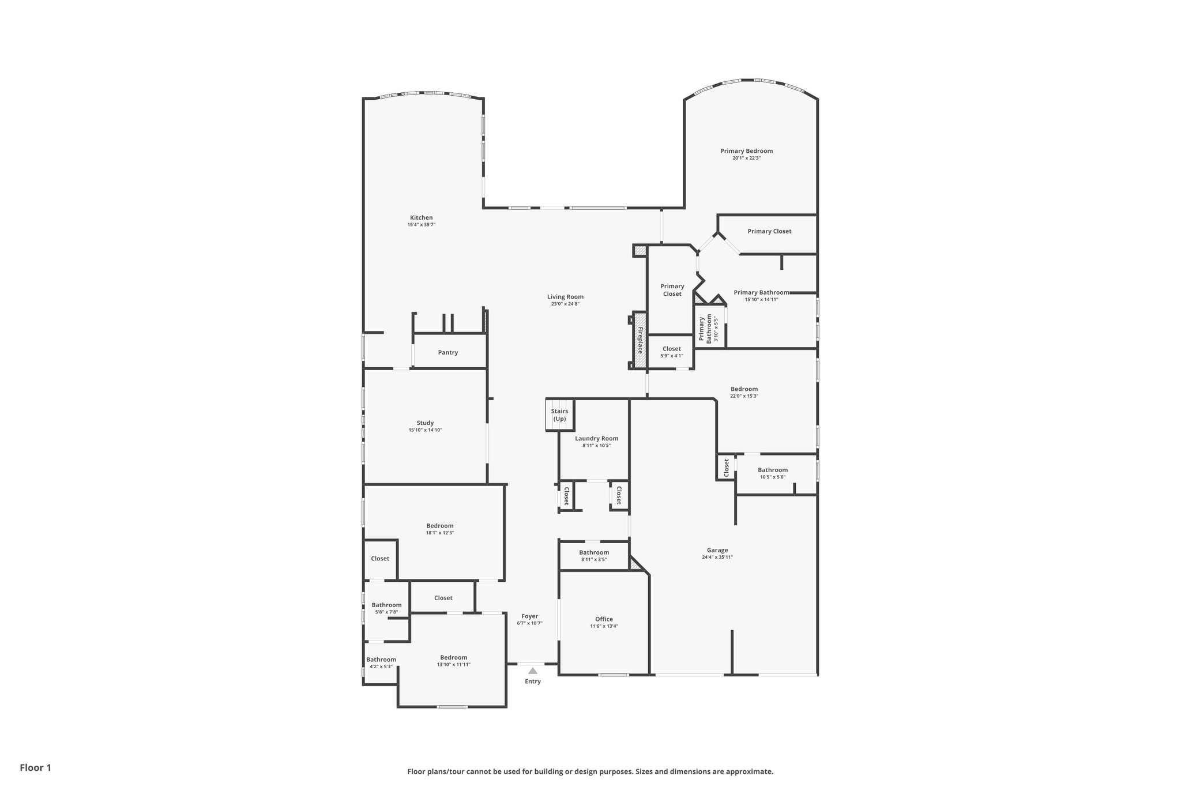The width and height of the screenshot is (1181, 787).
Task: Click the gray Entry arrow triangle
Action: pyautogui.click(x=533, y=671)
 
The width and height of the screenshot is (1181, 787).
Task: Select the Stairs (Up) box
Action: pyautogui.click(x=559, y=415)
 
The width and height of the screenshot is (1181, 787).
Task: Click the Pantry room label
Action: pyautogui.click(x=447, y=352)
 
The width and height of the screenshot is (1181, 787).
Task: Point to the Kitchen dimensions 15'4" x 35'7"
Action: pyautogui.click(x=421, y=225)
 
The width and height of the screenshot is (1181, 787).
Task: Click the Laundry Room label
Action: pyautogui.click(x=596, y=438)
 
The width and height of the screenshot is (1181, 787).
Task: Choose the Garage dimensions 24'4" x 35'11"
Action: pyautogui.click(x=717, y=557)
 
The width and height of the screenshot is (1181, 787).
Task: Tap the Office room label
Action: pyautogui.click(x=604, y=619)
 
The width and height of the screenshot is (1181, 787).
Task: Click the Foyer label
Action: pyautogui.click(x=529, y=616)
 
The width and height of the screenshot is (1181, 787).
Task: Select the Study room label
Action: pyautogui.click(x=425, y=423)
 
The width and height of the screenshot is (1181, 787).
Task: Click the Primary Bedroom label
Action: pyautogui.click(x=746, y=151)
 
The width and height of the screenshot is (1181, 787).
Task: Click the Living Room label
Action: pyautogui.click(x=565, y=297)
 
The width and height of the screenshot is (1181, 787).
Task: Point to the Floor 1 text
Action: pyautogui.click(x=35, y=767)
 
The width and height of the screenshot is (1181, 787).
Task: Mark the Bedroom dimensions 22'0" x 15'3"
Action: pyautogui.click(x=744, y=396)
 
